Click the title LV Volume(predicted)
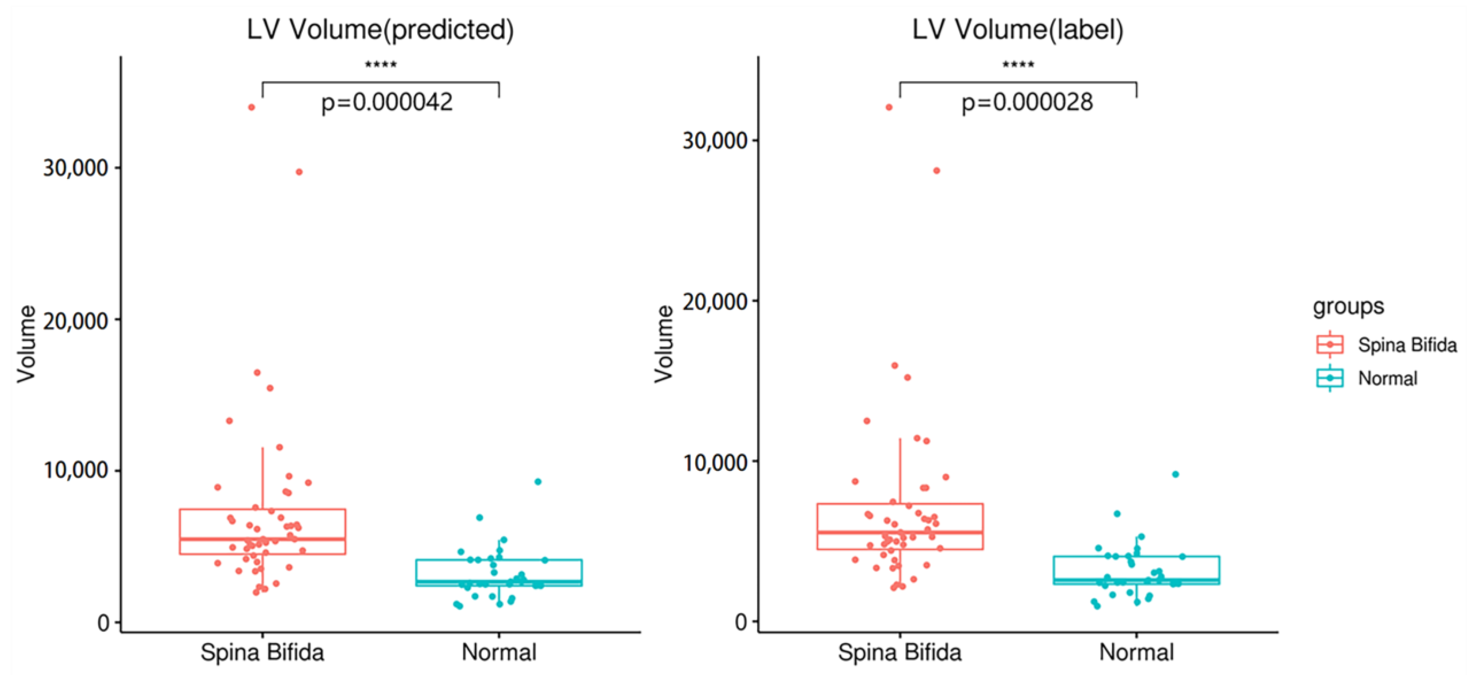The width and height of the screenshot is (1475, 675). point(380,30)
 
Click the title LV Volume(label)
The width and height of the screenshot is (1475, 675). point(1017,30)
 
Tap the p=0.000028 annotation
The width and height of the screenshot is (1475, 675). point(1027,102)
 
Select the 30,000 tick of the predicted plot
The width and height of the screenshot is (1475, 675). point(76,168)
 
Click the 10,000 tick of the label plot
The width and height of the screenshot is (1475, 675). point(715,462)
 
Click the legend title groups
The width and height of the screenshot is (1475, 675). point(1348,306)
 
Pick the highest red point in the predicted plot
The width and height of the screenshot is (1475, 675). point(251,107)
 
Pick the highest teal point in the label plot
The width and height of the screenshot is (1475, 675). point(1175,474)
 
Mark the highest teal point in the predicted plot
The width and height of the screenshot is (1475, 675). point(538,481)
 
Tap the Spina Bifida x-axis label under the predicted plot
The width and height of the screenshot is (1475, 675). point(262,652)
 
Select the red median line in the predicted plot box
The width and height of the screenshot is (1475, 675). point(262,539)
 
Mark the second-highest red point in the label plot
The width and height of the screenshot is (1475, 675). point(937,171)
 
